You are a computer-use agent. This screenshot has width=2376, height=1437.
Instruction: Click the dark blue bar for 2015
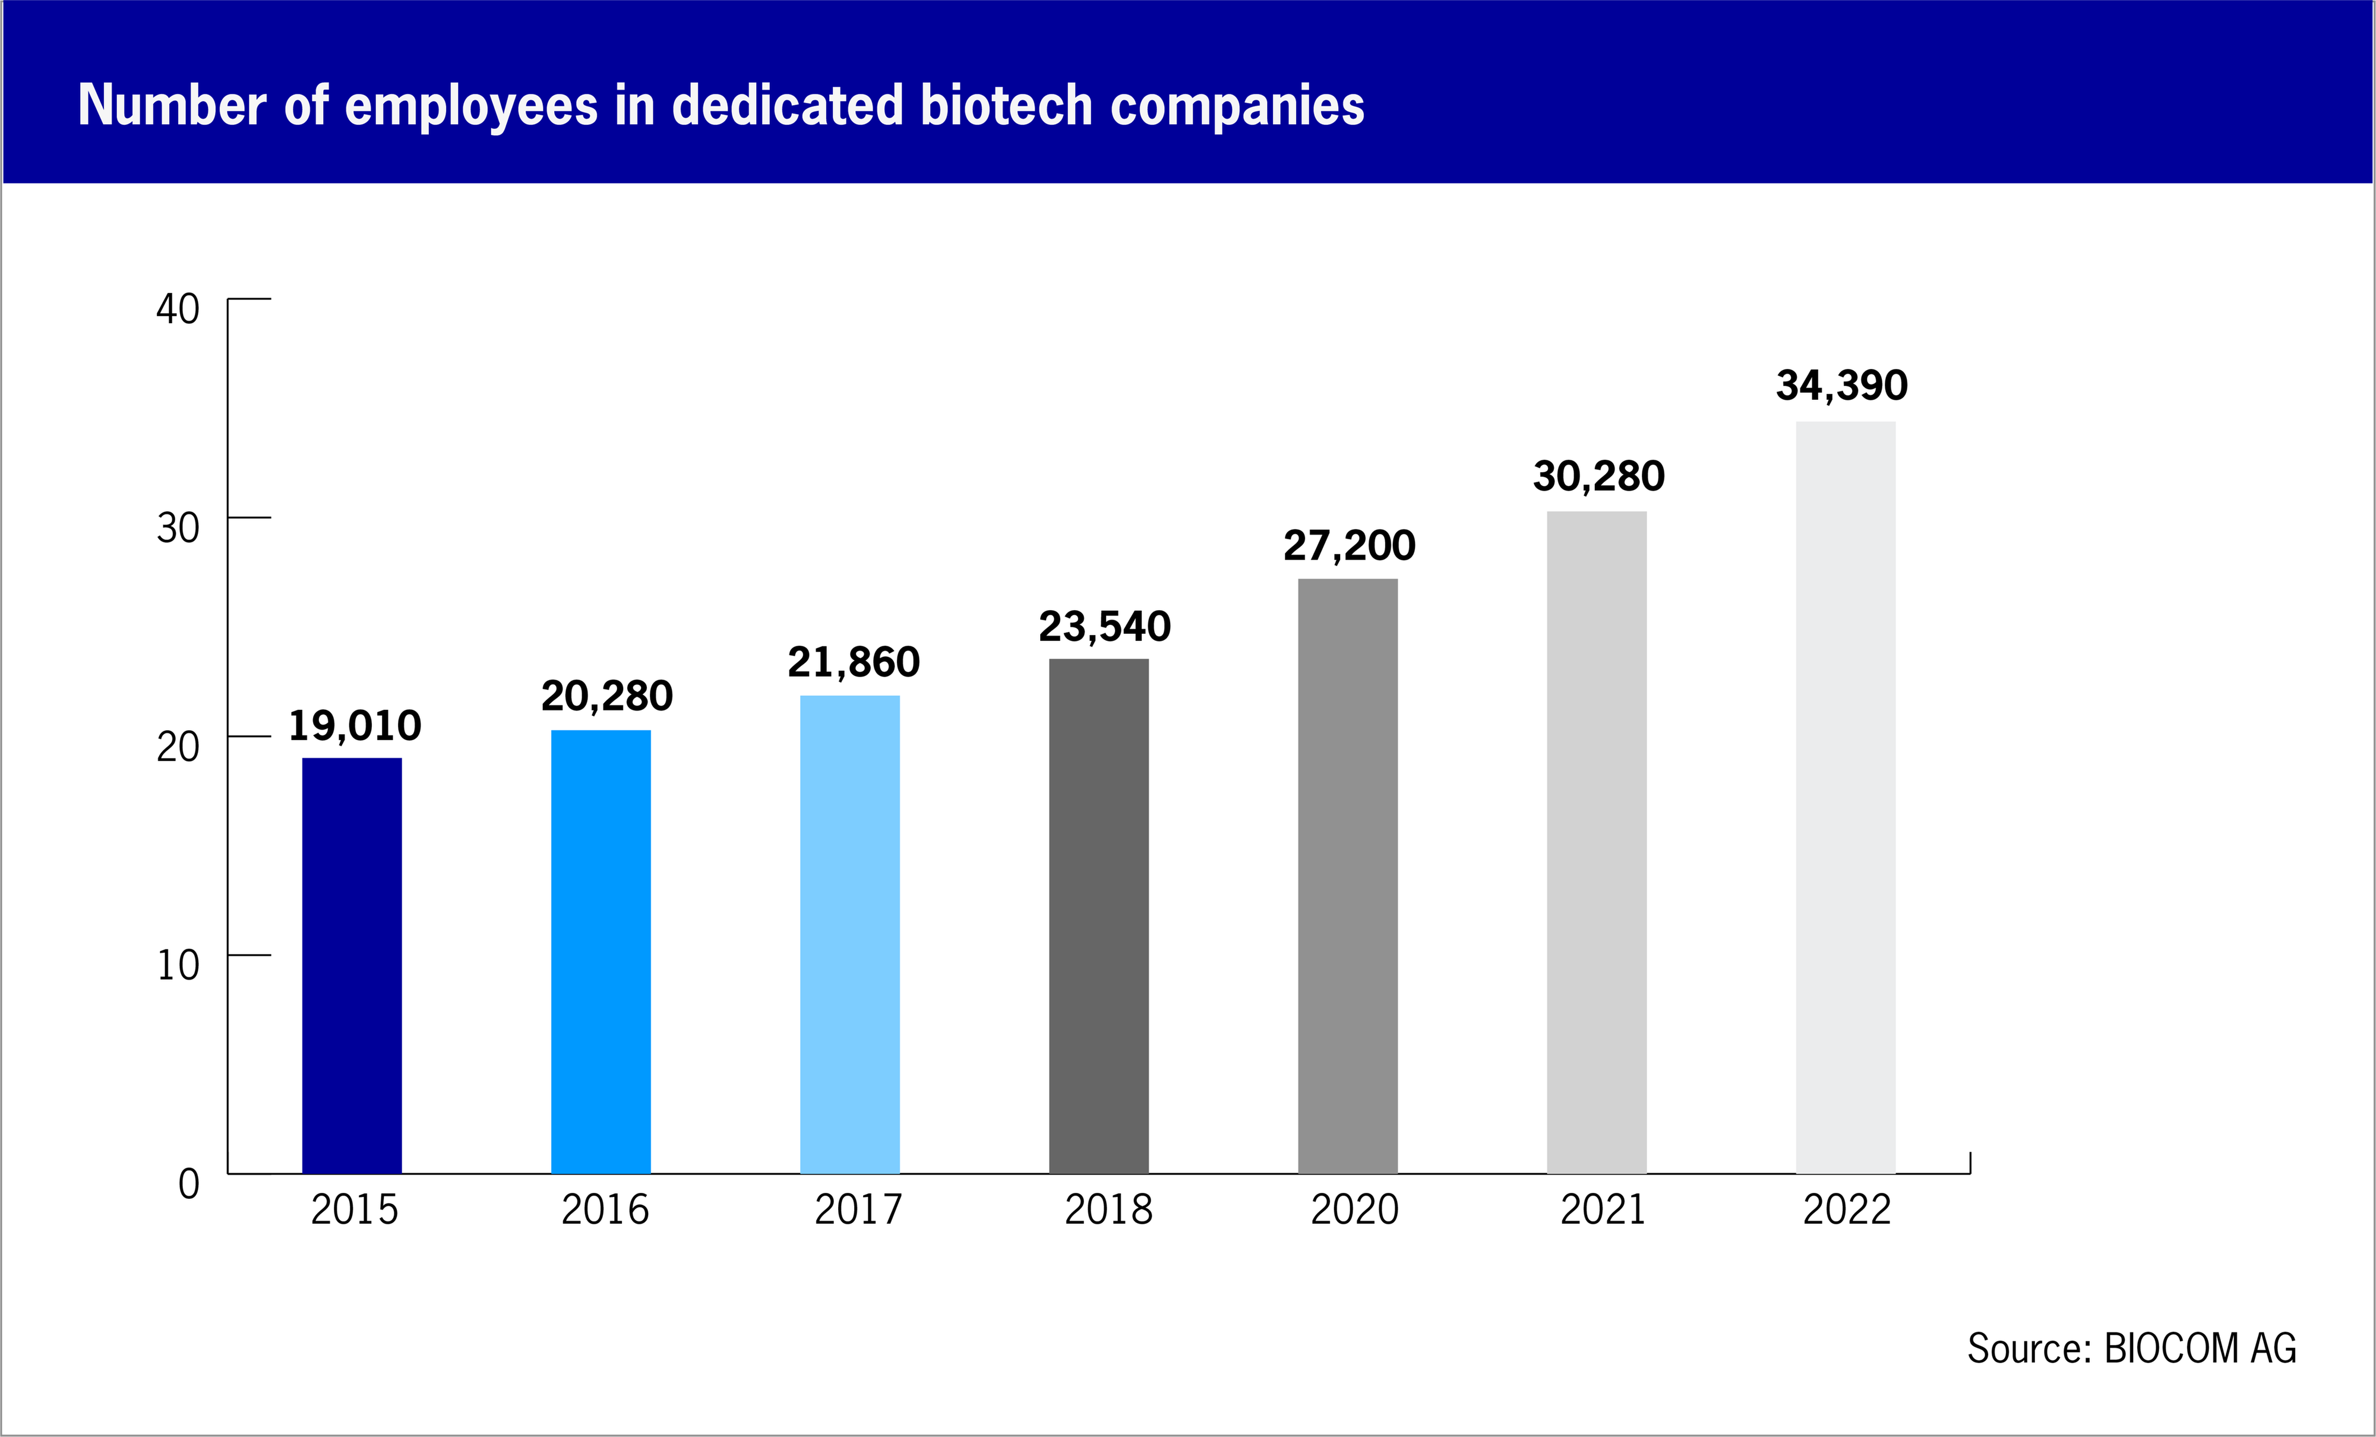tap(352, 965)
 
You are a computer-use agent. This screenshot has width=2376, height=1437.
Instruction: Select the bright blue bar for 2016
tap(601, 952)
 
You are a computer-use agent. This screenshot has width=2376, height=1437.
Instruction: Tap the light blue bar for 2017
tap(849, 934)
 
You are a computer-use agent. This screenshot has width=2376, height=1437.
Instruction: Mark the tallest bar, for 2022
tap(1846, 798)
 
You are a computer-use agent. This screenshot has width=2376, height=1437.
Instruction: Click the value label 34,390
tap(1842, 386)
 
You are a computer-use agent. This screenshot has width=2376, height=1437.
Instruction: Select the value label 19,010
tap(355, 726)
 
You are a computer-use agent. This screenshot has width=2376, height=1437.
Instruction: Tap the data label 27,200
tap(1349, 546)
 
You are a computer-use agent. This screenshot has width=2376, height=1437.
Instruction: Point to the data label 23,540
tap(1105, 627)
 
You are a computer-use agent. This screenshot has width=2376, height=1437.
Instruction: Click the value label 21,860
tap(854, 662)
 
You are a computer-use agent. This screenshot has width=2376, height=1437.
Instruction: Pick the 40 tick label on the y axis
tap(178, 309)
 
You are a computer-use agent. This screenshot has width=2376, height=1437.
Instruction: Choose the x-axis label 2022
tap(1847, 1209)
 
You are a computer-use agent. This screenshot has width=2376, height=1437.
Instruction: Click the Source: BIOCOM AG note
tap(2132, 1348)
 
